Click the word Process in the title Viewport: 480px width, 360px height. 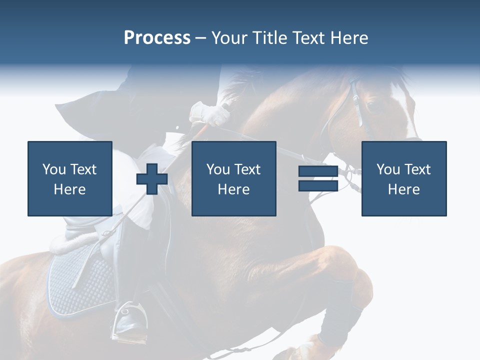pyautogui.click(x=157, y=38)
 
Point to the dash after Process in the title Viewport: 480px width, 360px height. pyautogui.click(x=200, y=38)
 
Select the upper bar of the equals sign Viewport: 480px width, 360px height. pyautogui.click(x=318, y=171)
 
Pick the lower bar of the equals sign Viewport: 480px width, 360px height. pyautogui.click(x=318, y=185)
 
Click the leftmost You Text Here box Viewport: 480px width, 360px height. pyautogui.click(x=69, y=178)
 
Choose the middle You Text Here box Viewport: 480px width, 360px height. pyautogui.click(x=233, y=178)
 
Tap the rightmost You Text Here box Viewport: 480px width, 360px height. pyautogui.click(x=403, y=178)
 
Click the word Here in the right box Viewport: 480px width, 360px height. pyautogui.click(x=403, y=189)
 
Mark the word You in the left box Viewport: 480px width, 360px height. pyautogui.click(x=53, y=169)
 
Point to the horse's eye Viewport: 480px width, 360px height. pyautogui.click(x=371, y=105)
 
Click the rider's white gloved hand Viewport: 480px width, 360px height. pyautogui.click(x=210, y=114)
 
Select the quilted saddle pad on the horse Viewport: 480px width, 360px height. pyautogui.click(x=80, y=280)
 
